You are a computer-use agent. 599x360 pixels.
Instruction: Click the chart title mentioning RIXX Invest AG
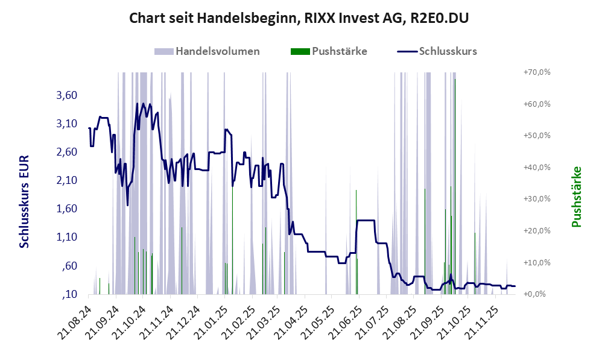tap(299, 19)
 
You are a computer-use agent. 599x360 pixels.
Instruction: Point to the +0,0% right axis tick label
tap(536, 294)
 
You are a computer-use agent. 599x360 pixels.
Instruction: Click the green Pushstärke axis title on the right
tap(576, 197)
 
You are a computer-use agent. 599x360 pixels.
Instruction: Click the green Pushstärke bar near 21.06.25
tap(357, 241)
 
